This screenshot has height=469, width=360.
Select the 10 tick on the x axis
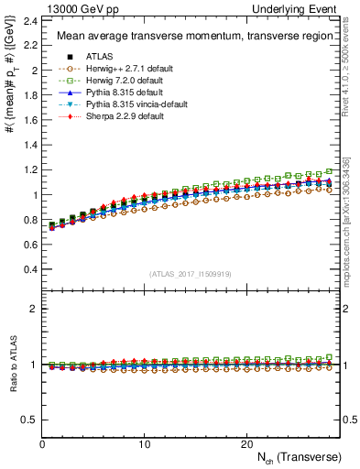pos(144,444)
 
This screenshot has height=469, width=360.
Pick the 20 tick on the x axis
pos(245,444)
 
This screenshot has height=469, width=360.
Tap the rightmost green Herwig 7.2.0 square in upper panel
pos(330,171)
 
